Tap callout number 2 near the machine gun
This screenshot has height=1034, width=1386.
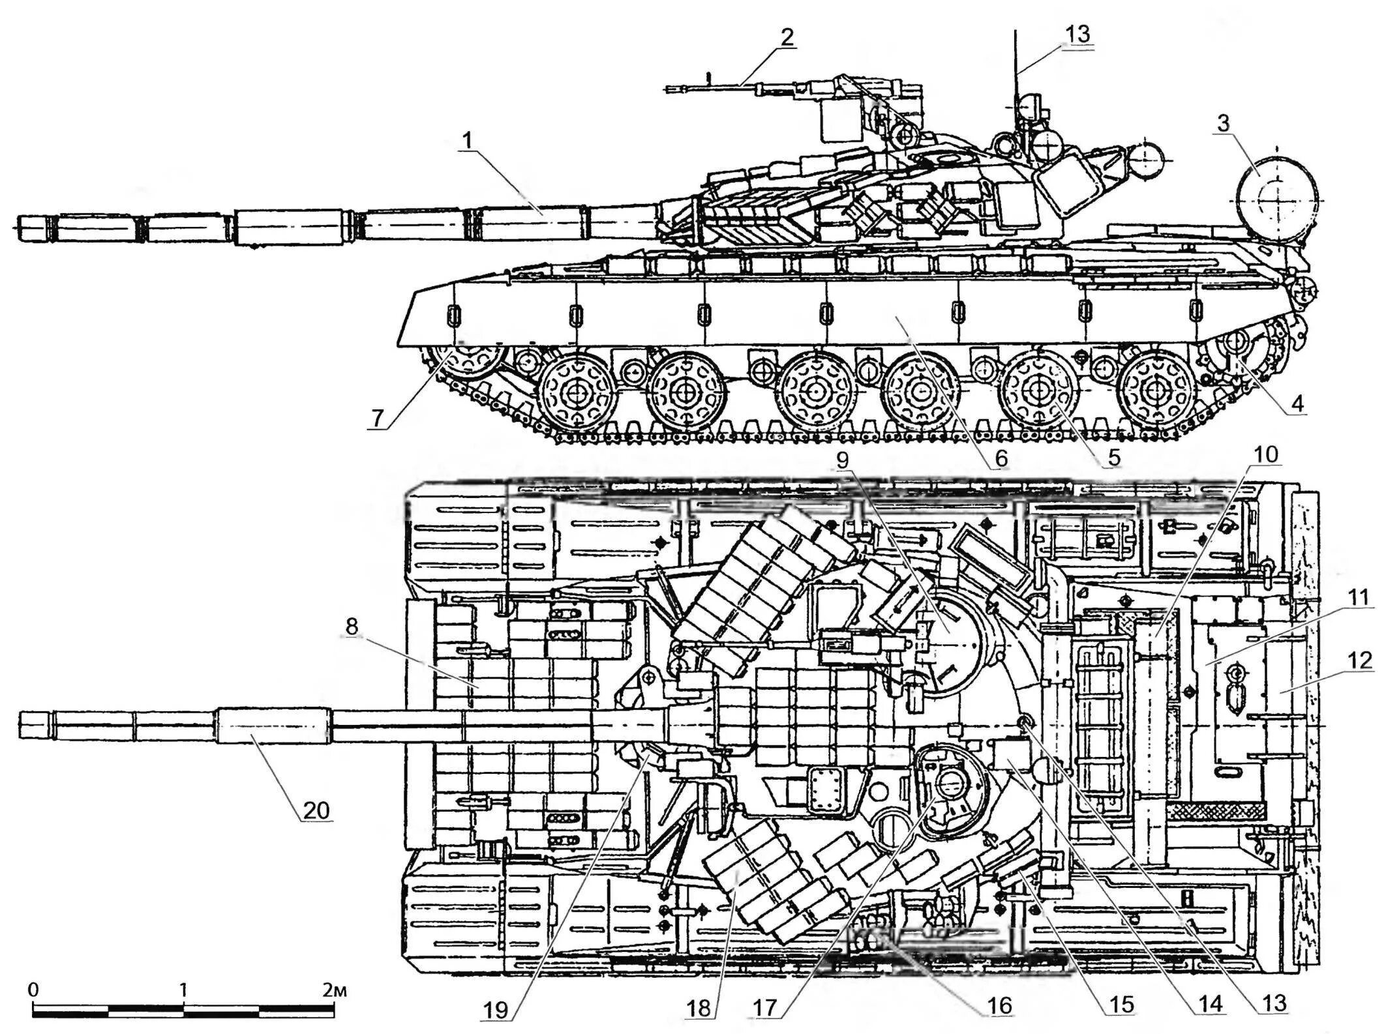[x=787, y=37]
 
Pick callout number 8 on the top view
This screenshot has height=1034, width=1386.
[x=352, y=627]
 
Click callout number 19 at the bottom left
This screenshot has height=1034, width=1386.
[x=495, y=1010]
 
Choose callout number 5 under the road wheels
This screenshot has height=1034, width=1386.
[x=1113, y=456]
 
